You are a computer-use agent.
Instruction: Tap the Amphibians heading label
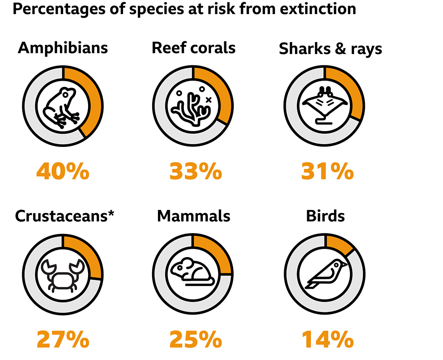pos(63,48)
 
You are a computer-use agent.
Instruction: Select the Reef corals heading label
pos(193,48)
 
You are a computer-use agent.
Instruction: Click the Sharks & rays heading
pos(330,49)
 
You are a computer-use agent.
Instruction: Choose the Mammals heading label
pos(193,216)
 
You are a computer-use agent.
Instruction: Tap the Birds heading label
pos(325,216)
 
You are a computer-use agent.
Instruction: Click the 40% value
pos(63,172)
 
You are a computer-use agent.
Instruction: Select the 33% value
pos(196,172)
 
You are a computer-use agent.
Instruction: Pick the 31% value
pos(327,172)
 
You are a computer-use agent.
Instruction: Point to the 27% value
pos(63,339)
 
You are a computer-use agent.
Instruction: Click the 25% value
pos(196,339)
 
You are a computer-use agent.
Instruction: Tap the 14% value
pos(327,339)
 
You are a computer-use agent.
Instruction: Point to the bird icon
pos(325,274)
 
